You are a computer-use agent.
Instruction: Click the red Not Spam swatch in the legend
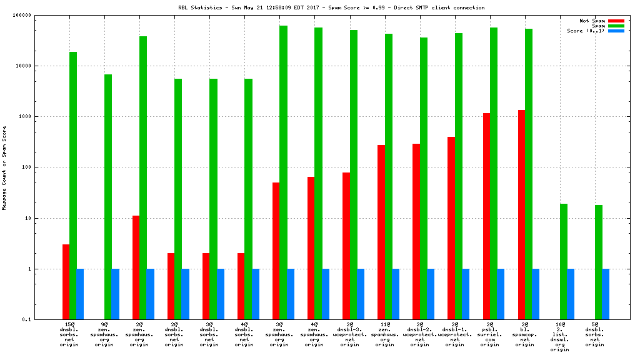click(616, 21)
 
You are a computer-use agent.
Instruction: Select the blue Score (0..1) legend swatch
click(616, 31)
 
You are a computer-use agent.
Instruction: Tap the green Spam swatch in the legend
click(616, 26)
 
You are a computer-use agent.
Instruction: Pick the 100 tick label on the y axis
click(44, 167)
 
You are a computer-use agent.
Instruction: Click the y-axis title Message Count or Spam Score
click(4, 167)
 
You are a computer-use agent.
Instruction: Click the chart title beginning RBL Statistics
click(331, 7)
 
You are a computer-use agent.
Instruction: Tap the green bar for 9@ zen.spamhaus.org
click(108, 197)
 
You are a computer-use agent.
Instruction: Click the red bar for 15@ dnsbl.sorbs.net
click(66, 282)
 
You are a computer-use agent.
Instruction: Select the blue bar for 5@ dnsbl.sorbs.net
click(606, 294)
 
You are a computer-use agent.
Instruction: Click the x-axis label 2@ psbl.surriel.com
click(490, 334)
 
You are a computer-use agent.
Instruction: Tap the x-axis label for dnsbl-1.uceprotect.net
click(455, 334)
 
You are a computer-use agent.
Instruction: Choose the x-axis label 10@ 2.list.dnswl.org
click(560, 337)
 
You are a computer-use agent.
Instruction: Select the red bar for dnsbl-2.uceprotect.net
click(416, 231)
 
